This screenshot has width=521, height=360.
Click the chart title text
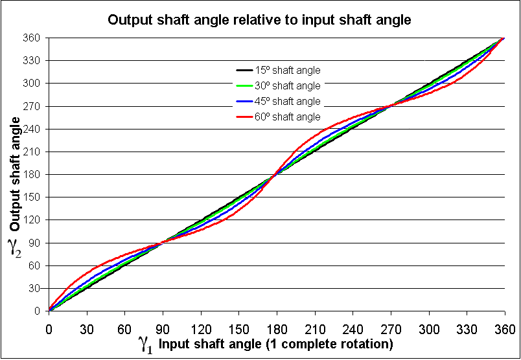259,19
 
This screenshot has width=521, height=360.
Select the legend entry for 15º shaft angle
288,70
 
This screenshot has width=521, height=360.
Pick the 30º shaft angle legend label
288,85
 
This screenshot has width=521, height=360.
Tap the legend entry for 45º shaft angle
288,101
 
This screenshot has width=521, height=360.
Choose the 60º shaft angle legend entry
288,117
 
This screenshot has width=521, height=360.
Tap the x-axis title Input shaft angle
275,343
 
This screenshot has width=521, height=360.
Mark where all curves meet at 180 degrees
277,174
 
